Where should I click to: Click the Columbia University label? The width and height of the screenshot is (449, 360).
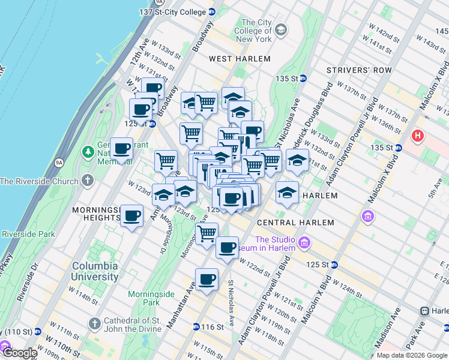tap(95, 271)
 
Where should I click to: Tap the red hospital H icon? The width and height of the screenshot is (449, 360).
tap(417, 137)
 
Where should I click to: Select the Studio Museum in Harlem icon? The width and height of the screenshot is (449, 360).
tap(305, 242)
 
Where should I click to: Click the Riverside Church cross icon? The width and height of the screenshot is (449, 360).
tap(88, 181)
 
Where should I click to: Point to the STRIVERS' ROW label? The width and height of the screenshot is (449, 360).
tap(359, 70)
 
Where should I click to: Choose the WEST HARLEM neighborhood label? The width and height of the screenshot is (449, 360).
tap(240, 59)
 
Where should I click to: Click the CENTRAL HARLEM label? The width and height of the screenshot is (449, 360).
tap(295, 223)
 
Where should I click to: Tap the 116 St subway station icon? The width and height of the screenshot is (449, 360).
tap(196, 327)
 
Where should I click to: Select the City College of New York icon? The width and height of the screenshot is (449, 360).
tap(280, 30)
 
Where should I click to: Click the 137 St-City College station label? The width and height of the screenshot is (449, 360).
tap(173, 11)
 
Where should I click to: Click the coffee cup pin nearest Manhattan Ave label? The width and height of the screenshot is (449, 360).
tap(207, 278)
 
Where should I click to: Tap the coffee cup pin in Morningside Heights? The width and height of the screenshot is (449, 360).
tap(131, 215)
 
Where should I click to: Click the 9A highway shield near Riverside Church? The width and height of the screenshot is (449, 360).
tap(58, 162)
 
